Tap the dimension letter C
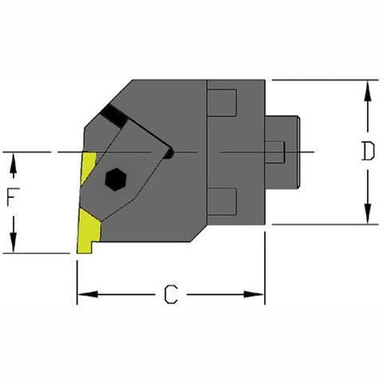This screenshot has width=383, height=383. (x=170, y=295)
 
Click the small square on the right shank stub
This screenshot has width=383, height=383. (x=274, y=152)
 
